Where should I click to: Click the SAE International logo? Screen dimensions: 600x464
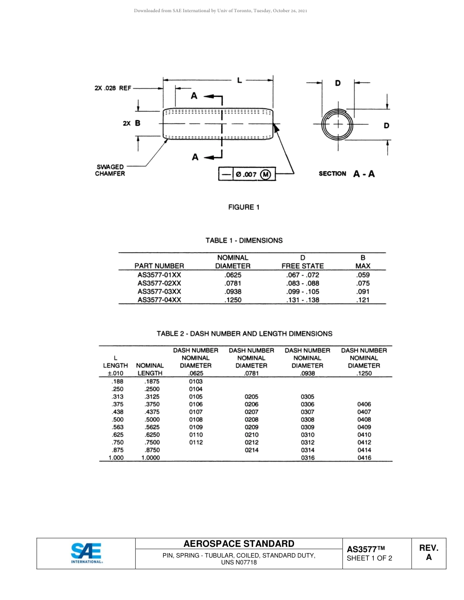pos(86,553)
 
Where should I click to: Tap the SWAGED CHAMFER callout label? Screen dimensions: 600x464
pos(110,170)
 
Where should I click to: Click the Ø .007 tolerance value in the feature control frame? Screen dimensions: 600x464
pos(246,175)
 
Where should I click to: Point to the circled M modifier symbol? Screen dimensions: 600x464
pos(266,175)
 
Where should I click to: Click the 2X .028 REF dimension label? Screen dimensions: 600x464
pos(113,88)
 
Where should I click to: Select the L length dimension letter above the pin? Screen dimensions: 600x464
pos(239,80)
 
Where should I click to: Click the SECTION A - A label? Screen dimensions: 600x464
pos(347,174)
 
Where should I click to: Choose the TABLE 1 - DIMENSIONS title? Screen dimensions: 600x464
pos(244,240)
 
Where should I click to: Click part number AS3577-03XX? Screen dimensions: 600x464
pos(159,291)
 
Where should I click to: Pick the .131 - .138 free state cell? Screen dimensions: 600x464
pos(302,300)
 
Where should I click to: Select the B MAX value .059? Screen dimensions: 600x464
pos(363,275)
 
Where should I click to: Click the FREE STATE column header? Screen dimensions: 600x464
pos(302,266)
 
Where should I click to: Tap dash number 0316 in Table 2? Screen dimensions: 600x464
pos(308,458)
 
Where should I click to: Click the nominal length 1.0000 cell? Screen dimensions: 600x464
pos(150,458)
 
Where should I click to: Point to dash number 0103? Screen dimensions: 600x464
pos(195,381)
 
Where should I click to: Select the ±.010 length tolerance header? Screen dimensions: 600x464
pos(116,373)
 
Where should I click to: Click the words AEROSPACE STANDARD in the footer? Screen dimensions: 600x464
pos(239,544)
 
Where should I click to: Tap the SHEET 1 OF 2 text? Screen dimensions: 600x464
pos(369,559)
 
